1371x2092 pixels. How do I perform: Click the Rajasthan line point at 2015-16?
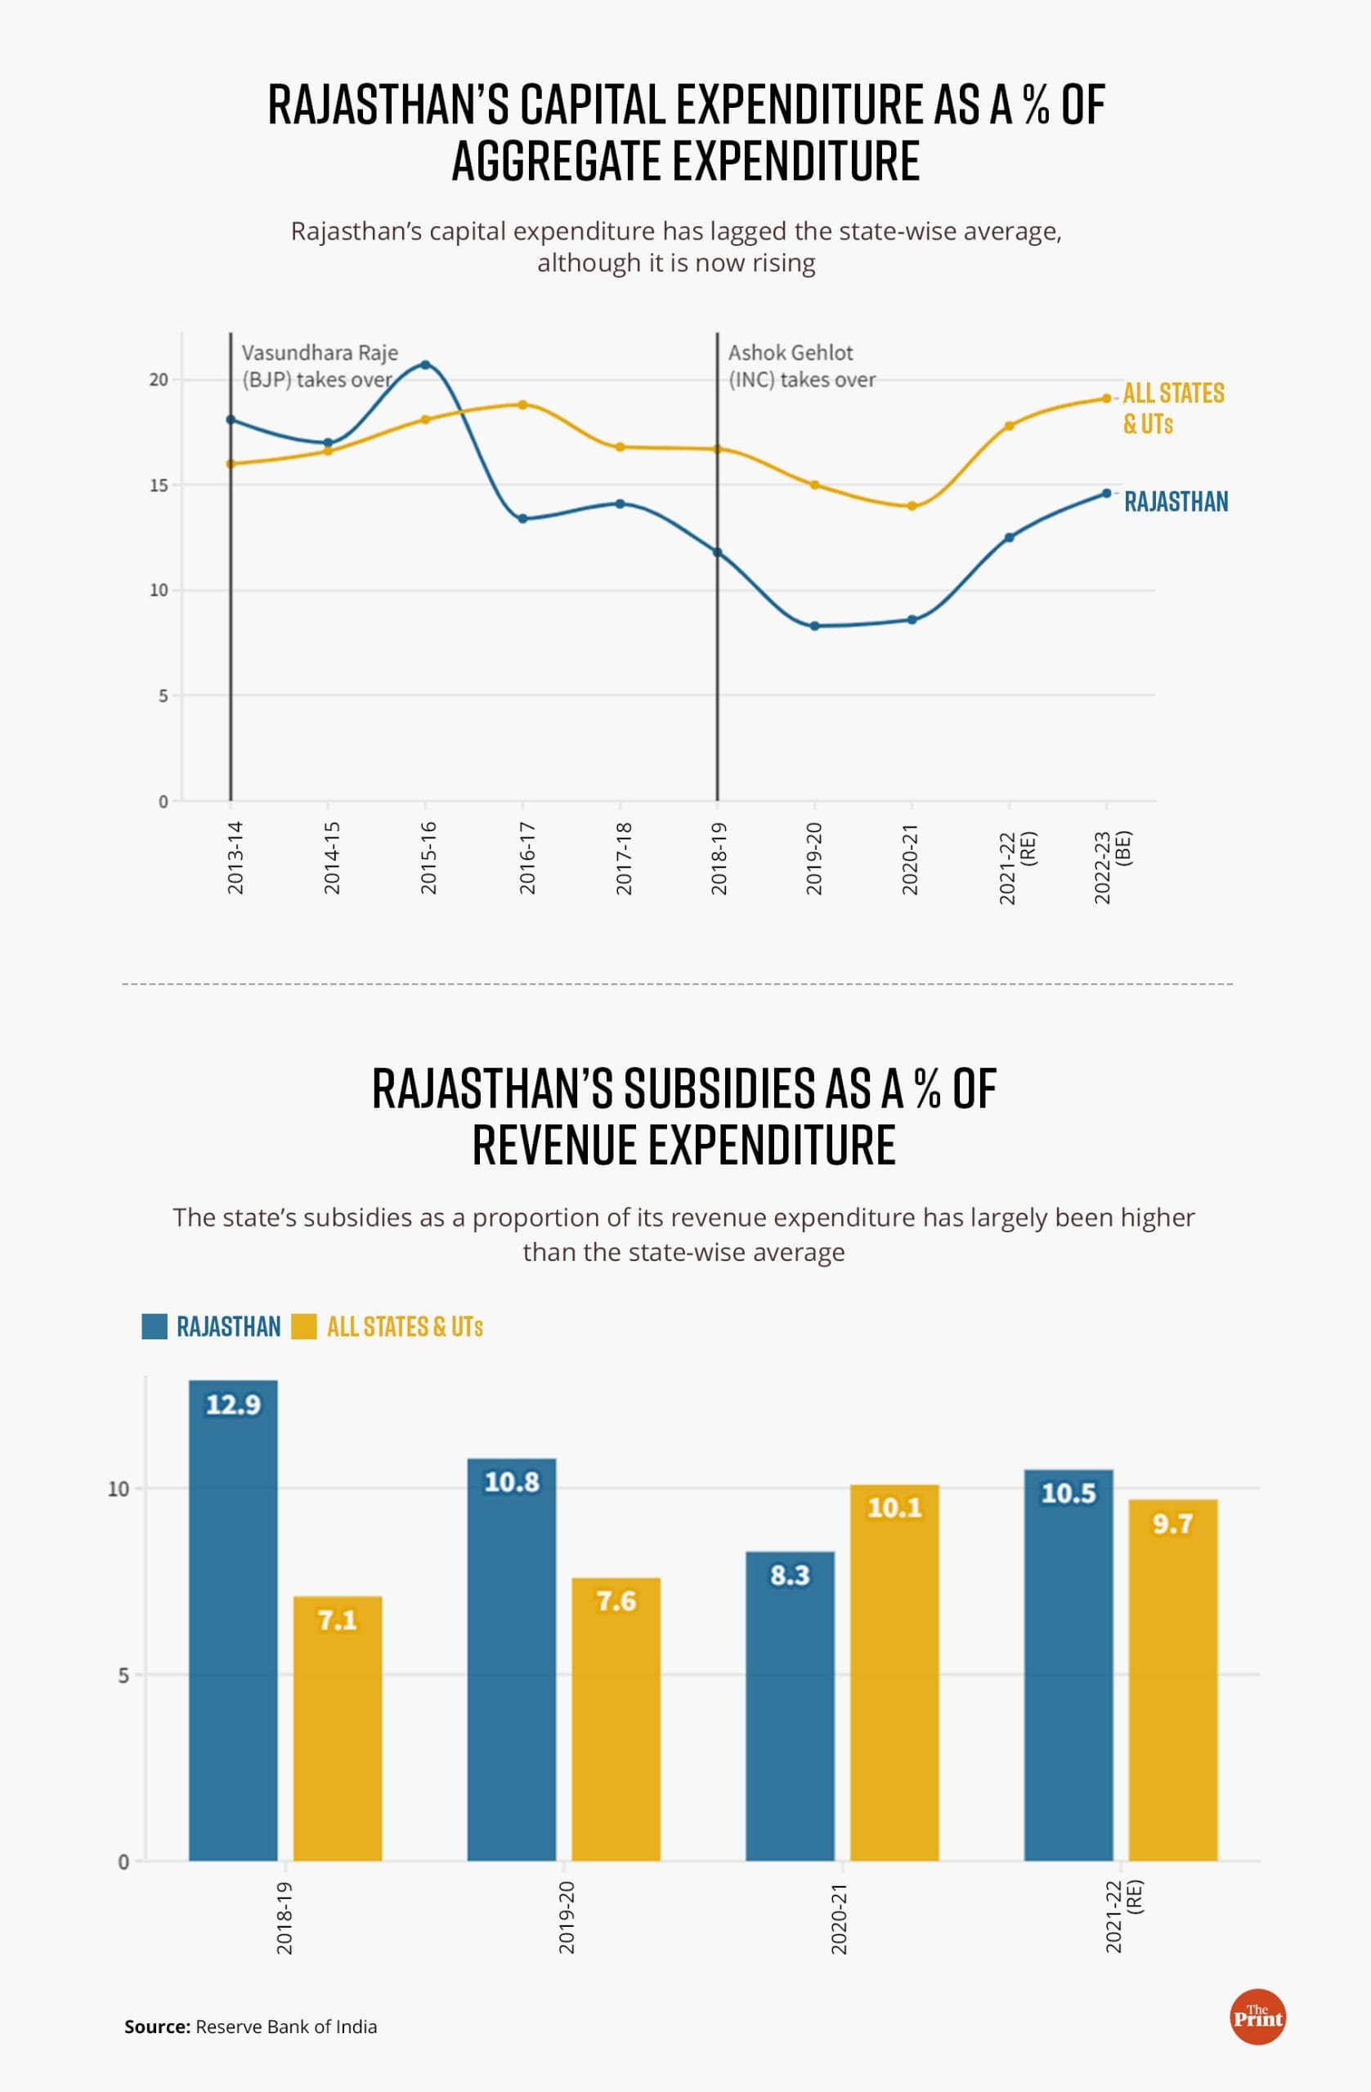tap(426, 364)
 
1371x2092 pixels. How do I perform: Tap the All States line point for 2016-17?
tap(522, 405)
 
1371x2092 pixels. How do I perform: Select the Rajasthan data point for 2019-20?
tap(814, 626)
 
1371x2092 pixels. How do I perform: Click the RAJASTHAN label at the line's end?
tap(1176, 502)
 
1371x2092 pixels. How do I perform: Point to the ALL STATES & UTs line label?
tap(1172, 408)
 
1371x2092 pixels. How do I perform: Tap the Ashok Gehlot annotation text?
tap(801, 365)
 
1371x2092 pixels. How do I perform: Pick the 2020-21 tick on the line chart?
tap(910, 859)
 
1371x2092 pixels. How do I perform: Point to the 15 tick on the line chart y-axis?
tap(159, 485)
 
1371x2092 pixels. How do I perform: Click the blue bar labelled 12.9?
tap(233, 1626)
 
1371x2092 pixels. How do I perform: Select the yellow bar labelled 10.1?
tap(894, 1679)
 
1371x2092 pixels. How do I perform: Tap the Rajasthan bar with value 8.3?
tap(790, 1714)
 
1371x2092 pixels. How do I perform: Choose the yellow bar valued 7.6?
tap(616, 1723)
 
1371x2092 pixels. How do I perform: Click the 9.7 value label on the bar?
tap(1172, 1523)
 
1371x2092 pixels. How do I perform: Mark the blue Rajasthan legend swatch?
tap(155, 1326)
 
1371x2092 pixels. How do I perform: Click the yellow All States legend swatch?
tap(303, 1326)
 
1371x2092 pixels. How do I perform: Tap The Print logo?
tap(1257, 2016)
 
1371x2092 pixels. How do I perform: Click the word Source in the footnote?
tap(156, 2026)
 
